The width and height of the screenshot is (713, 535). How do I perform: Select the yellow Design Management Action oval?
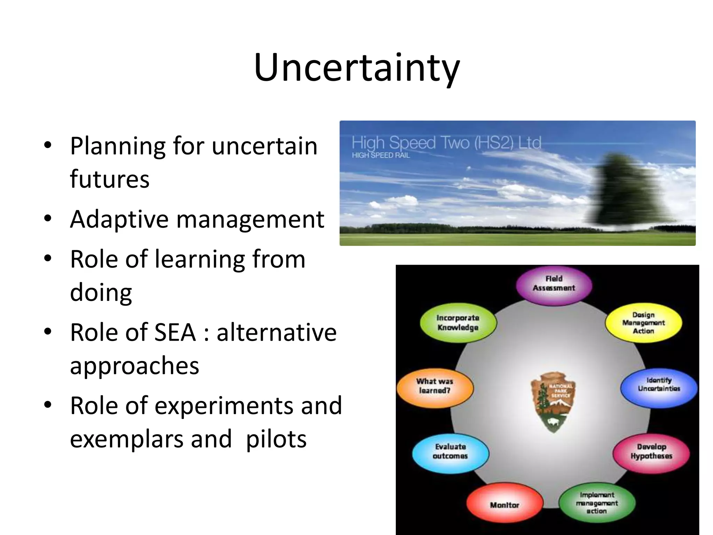(643, 323)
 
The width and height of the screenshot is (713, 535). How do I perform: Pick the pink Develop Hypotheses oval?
(651, 452)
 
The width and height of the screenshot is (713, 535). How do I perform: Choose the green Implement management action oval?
(597, 503)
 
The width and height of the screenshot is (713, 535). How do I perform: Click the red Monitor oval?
(504, 505)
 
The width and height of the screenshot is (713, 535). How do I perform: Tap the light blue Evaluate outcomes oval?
(450, 451)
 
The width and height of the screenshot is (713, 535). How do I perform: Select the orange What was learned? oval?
(435, 386)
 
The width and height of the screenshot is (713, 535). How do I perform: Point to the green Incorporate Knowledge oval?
(458, 323)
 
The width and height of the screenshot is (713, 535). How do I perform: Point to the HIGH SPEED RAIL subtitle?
(381, 155)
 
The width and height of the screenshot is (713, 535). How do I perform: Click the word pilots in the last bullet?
(276, 439)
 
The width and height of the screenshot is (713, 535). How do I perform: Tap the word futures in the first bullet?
(110, 179)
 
